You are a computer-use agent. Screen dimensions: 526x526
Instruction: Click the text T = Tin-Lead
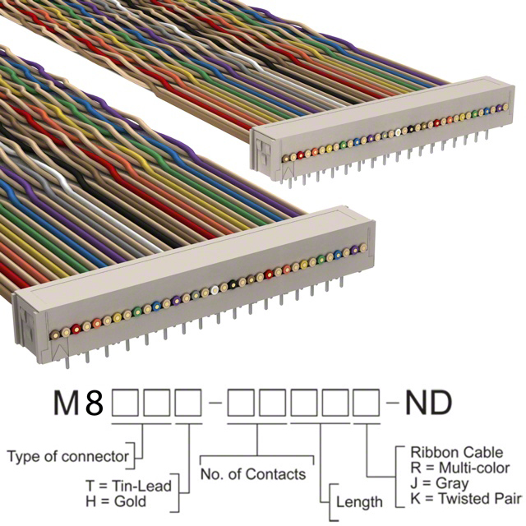[x=128, y=485]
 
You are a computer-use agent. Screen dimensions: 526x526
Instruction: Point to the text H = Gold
[x=117, y=501]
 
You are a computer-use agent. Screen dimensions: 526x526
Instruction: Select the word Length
[x=359, y=501]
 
